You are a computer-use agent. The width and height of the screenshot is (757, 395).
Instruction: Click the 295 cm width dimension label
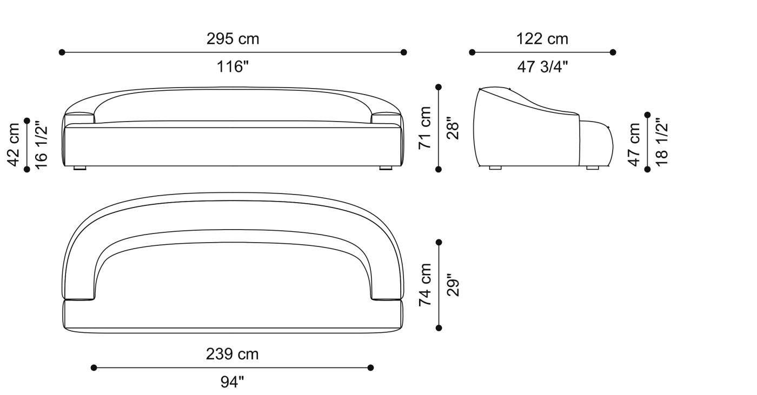point(233,39)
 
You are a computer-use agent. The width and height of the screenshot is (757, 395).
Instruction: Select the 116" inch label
point(233,66)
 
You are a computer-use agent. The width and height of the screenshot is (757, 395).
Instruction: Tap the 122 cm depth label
point(542,39)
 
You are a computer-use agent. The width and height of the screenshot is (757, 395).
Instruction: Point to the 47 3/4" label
point(542,66)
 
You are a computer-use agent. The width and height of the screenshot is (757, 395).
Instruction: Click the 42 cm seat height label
point(14,145)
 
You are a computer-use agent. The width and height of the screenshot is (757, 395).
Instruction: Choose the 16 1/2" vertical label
point(41,145)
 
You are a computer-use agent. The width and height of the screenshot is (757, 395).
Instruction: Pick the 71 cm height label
point(425,128)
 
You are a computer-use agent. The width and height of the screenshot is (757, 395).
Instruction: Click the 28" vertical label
point(453,128)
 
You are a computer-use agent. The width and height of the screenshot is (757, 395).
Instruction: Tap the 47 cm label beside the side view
point(634,145)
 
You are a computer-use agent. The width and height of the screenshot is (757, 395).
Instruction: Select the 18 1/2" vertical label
point(662,142)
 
